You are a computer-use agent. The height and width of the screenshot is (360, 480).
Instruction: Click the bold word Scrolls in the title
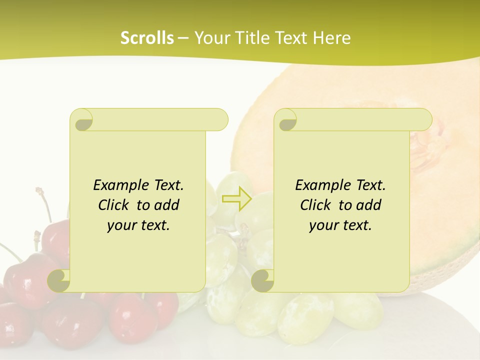click(147, 38)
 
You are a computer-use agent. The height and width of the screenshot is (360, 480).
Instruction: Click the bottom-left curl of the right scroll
click(263, 281)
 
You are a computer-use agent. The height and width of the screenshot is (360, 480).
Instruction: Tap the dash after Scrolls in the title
click(183, 38)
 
